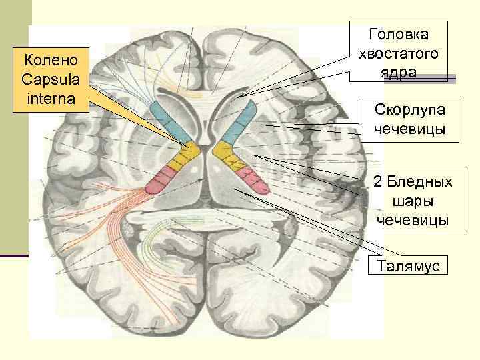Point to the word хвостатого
pyautogui.click(x=403, y=53)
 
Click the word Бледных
pyautogui.click(x=418, y=181)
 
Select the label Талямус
pyautogui.click(x=411, y=265)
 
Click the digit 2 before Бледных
pyautogui.click(x=377, y=181)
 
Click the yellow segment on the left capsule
pyautogui.click(x=181, y=157)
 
